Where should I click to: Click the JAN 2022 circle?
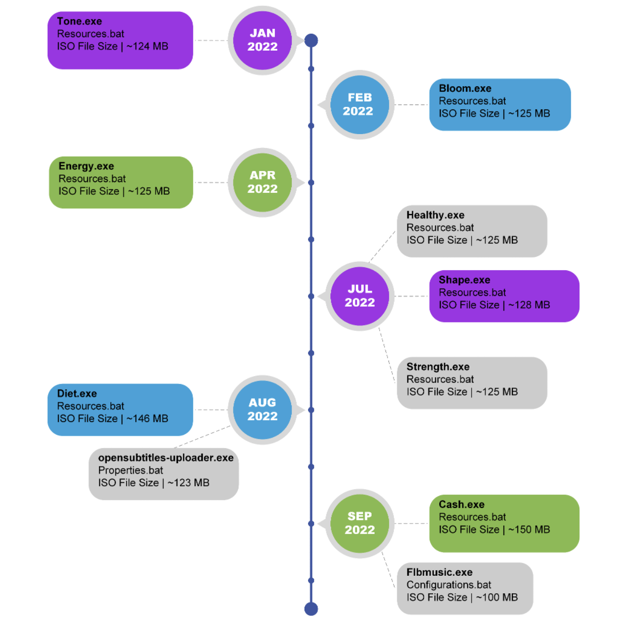262,40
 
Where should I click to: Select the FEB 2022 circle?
360,105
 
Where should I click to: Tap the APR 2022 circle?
262,182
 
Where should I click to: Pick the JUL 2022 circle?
360,296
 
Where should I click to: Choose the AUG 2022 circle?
262,410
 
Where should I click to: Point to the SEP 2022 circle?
360,524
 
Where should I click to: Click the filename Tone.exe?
79,21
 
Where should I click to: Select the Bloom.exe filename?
465,88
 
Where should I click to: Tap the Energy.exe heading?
86,166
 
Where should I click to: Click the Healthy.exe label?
435,215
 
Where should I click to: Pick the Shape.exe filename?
464,280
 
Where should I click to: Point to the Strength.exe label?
438,367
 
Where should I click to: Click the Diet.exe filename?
77,393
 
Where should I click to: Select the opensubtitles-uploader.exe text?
166,458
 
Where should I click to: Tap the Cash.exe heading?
462,504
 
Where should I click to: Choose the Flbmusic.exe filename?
439,572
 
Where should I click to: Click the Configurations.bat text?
449,585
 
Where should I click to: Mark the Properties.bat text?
131,470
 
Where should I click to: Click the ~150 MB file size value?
529,530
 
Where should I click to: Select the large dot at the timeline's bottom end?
311,609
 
